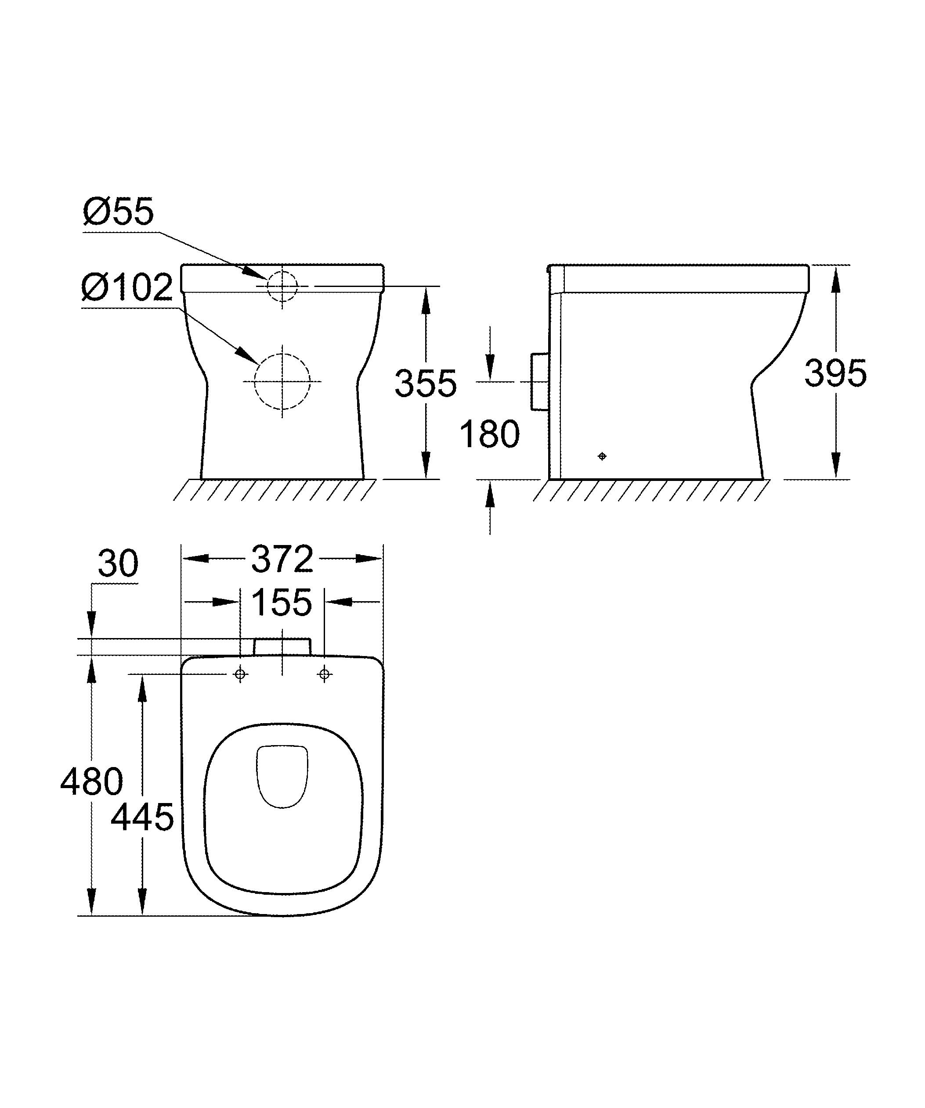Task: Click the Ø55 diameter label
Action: pyautogui.click(x=118, y=212)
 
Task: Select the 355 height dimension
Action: pyautogui.click(x=425, y=384)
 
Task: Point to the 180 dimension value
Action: pyautogui.click(x=489, y=434)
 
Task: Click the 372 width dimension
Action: pyautogui.click(x=282, y=559)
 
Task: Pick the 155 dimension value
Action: pyautogui.click(x=282, y=602)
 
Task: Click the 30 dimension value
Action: pyautogui.click(x=118, y=563)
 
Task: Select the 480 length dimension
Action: pyautogui.click(x=91, y=782)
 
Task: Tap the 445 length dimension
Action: pyautogui.click(x=142, y=817)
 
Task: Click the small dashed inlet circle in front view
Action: pyautogui.click(x=282, y=286)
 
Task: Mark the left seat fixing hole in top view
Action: pyautogui.click(x=241, y=674)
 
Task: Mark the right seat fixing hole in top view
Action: pyautogui.click(x=325, y=674)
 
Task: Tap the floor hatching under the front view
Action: pyautogui.click(x=275, y=490)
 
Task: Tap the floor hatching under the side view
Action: pyautogui.click(x=650, y=491)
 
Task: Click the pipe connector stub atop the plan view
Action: pyautogui.click(x=282, y=647)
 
